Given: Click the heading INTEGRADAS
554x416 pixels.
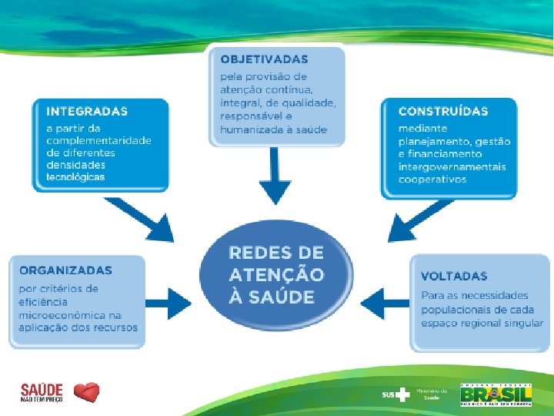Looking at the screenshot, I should (87, 111).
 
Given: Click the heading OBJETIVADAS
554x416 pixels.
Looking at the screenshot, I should (264, 59).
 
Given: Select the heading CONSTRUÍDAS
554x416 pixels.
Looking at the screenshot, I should (443, 111).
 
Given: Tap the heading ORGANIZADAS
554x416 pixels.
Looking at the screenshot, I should (65, 270).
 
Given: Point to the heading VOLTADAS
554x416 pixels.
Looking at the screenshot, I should (454, 276).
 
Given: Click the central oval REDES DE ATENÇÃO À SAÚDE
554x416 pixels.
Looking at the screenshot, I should (276, 274).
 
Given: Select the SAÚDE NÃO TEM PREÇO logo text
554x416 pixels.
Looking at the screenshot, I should (42, 393).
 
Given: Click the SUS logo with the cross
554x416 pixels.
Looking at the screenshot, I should (396, 394).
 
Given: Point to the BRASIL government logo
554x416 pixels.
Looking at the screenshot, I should (496, 394).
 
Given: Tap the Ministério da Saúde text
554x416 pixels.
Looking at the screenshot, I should (430, 394).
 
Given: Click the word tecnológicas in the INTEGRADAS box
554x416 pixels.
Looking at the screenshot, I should (75, 176).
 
